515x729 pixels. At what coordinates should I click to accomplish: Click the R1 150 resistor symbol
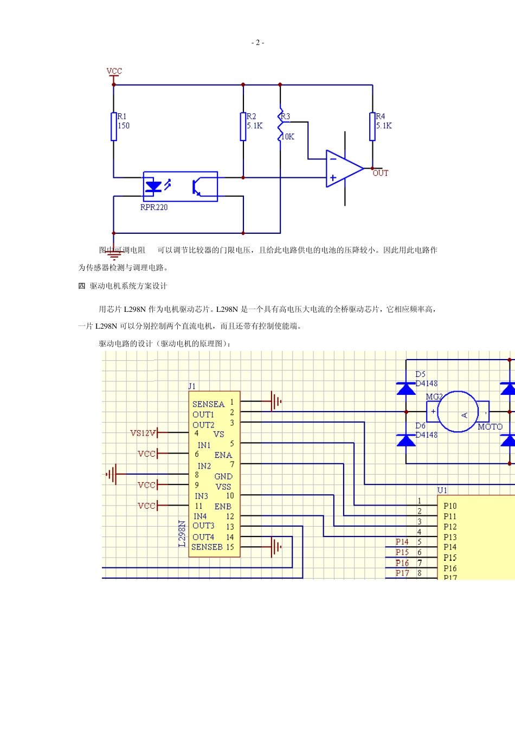tap(114, 126)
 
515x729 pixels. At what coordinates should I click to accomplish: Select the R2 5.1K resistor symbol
tap(243, 126)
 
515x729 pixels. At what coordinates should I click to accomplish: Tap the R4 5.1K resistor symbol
tap(372, 126)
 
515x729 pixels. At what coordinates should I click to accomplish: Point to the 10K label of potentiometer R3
tap(288, 137)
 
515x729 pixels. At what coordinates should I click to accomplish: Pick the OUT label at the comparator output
tap(381, 174)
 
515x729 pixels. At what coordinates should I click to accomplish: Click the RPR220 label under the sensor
tap(154, 207)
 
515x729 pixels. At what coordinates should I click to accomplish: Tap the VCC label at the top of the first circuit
tap(114, 71)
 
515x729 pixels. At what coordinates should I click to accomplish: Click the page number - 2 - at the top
tap(257, 43)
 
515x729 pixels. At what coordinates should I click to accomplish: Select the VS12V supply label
tap(143, 433)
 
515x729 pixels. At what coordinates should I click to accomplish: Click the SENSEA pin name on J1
tap(208, 404)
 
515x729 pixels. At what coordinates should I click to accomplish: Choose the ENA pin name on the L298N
tap(223, 455)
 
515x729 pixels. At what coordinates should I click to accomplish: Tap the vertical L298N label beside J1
tap(182, 533)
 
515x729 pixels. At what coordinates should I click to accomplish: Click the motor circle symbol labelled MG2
tap(458, 412)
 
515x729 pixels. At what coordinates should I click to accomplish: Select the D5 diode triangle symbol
tap(406, 388)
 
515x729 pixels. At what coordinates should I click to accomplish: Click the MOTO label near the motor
tap(490, 427)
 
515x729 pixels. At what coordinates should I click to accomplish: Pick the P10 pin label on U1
tap(450, 506)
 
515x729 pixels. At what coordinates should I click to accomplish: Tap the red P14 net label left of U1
tap(402, 542)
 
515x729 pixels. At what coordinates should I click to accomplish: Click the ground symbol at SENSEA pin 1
tap(275, 401)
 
